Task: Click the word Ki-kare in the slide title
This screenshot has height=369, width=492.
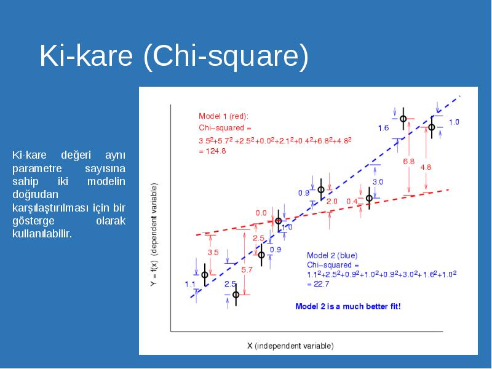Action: pos(86,55)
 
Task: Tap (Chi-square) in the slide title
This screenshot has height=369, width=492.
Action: pos(226,57)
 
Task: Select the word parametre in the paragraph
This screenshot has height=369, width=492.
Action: pos(37,169)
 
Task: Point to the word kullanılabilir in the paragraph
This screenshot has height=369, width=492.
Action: pos(42,234)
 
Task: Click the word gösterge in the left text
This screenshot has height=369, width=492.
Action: pos(33,221)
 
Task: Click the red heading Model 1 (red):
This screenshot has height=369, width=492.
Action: pos(223,116)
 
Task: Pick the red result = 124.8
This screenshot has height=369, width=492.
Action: pos(212,151)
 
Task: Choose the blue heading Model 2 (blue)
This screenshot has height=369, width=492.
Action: pos(332,255)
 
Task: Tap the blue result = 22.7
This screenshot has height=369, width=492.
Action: pos(318,284)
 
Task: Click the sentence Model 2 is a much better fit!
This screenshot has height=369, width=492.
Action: pos(348,306)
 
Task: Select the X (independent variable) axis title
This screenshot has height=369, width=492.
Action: pos(290,346)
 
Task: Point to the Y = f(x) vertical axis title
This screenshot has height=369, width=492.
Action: pos(154,235)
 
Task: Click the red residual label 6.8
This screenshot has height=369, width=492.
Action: pos(408,162)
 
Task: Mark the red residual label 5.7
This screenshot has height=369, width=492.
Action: pos(247,269)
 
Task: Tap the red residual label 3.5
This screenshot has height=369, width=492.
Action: pos(213,252)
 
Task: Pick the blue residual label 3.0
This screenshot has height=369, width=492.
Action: pos(378,181)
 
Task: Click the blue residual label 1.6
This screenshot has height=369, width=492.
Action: pos(383,128)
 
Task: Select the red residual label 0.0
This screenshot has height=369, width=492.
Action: pos(261,213)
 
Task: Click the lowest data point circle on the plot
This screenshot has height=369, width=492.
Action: pos(236,295)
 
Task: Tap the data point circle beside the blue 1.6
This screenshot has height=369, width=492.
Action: pos(403,119)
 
